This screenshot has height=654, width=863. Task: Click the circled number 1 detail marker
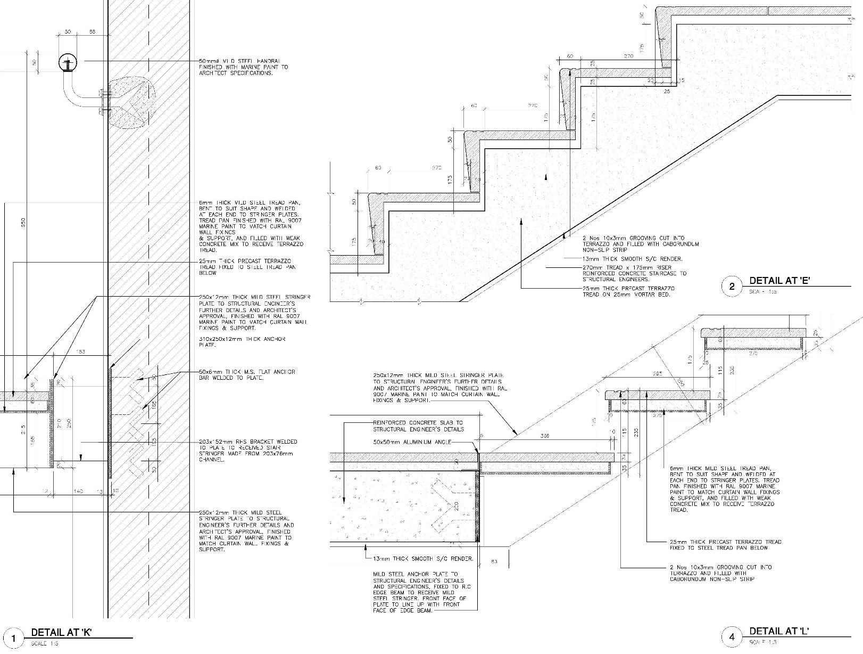click(14, 638)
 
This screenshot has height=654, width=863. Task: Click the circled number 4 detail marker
click(732, 636)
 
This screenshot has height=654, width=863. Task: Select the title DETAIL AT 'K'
click(62, 633)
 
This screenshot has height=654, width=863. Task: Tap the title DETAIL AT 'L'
click(779, 631)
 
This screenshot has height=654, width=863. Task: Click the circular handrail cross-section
click(68, 63)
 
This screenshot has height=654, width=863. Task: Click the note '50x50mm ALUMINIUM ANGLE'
click(412, 442)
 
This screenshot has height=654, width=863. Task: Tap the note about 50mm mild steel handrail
click(244, 67)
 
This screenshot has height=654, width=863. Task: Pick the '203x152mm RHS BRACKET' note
click(248, 451)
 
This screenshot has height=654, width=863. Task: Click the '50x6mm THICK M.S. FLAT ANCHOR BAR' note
click(247, 374)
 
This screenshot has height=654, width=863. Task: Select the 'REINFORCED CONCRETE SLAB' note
click(418, 426)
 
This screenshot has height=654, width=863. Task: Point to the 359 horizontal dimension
click(545, 436)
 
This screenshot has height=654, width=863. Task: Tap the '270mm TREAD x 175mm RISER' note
click(634, 273)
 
